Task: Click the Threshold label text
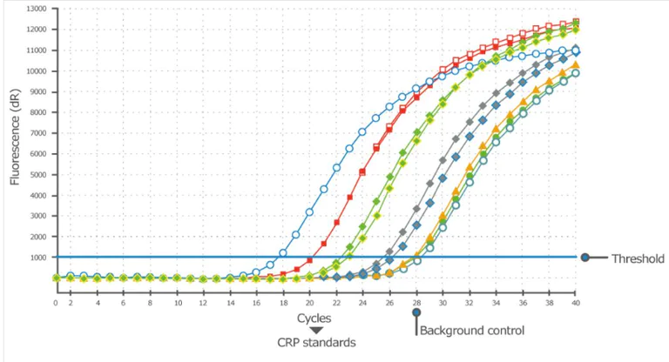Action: tap(638, 258)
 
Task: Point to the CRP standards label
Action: tap(316, 343)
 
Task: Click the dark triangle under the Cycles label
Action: tap(316, 330)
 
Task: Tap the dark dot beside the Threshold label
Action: tap(586, 258)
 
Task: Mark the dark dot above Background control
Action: tap(416, 312)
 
